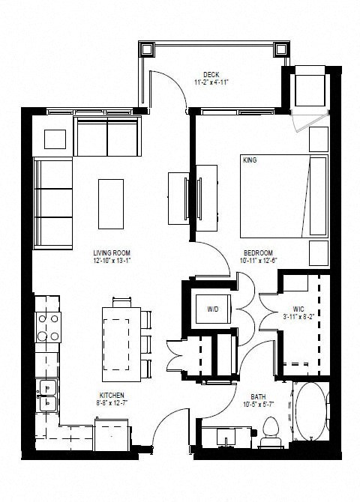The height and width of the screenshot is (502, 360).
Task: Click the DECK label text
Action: coord(210,74)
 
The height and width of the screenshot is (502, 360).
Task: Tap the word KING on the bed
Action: coord(250,160)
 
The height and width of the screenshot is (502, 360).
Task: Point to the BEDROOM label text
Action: coord(257,252)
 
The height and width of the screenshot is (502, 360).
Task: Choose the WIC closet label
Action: coord(298,308)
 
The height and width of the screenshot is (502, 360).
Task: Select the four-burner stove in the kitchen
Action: coord(48,327)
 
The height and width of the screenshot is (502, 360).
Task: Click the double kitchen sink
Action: coord(47,392)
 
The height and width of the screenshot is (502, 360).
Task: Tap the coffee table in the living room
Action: coord(111,203)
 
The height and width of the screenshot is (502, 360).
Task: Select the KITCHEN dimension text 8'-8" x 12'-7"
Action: coord(111,403)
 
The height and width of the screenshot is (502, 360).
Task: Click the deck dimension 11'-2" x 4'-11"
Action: coord(210,82)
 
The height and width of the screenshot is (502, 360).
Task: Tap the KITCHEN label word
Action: coord(111,395)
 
